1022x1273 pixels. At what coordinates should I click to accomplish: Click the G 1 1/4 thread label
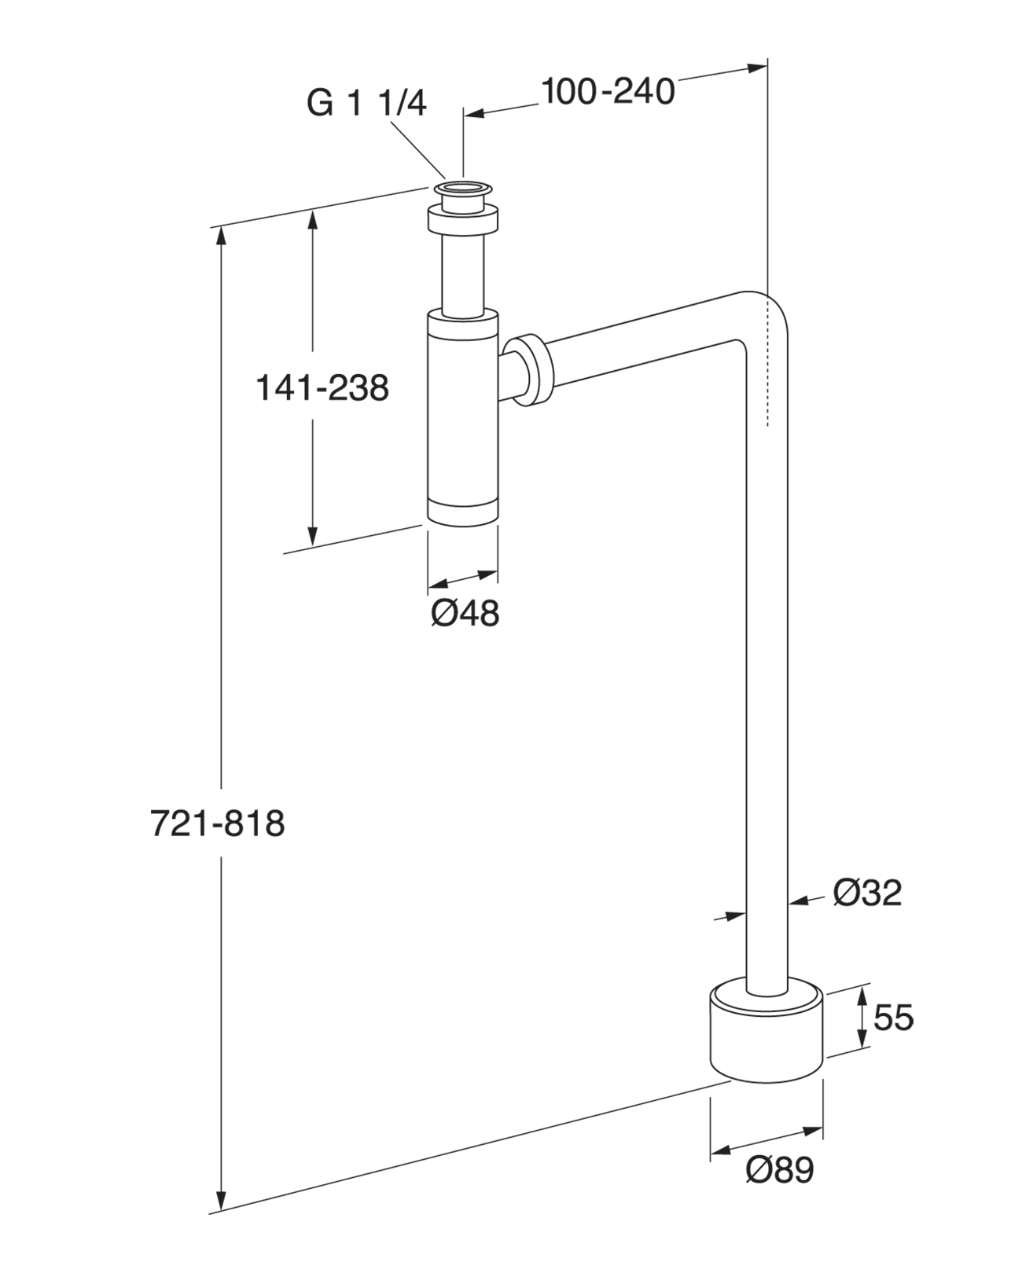[366, 103]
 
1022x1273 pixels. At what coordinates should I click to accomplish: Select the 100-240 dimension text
[608, 92]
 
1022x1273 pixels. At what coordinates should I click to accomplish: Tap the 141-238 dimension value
[322, 387]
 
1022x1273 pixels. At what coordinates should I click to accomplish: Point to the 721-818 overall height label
[217, 824]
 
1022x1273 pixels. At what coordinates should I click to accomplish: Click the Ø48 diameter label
[465, 613]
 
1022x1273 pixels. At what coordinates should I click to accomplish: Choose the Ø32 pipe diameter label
[867, 893]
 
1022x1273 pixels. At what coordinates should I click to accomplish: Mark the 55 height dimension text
[894, 1018]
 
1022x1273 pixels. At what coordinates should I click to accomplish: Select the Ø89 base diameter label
[780, 1171]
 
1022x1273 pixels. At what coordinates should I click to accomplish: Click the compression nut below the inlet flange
[463, 220]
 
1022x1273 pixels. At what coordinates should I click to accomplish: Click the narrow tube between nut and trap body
[462, 275]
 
